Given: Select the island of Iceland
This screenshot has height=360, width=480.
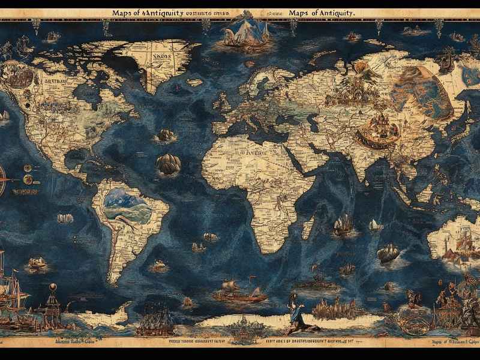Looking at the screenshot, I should tap(195, 82).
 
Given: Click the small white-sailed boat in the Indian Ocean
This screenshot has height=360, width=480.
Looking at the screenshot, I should tap(375, 225).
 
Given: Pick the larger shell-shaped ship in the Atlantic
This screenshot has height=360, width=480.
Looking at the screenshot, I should tap(169, 163).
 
